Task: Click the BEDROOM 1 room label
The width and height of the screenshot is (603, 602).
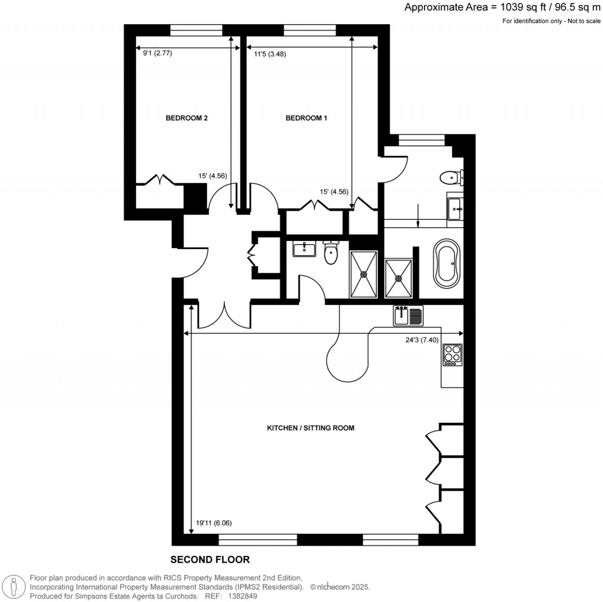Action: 306,118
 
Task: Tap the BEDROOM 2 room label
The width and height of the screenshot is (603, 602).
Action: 186,118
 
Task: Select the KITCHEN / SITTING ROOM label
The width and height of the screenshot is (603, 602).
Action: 310,428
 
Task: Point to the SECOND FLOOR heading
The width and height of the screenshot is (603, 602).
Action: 210,560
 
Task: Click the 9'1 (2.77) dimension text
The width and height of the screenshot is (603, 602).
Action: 157,53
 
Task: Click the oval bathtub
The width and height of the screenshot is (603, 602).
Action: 447,263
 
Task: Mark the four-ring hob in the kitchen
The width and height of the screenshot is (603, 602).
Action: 452,355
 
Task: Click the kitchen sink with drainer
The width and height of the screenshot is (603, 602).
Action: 409,316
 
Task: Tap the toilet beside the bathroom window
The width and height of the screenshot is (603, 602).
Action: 452,176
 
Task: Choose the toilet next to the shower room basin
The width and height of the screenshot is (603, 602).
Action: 332,252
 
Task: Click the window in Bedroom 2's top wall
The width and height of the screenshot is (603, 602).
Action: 196,29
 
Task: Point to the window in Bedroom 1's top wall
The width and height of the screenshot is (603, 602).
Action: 310,29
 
